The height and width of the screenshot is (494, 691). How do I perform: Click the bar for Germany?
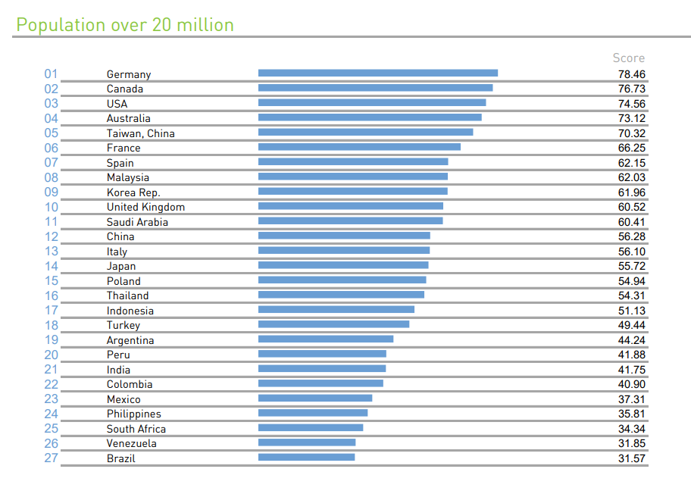[377, 73]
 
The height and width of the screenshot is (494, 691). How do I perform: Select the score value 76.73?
[631, 89]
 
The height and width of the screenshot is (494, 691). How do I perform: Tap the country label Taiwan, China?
[140, 133]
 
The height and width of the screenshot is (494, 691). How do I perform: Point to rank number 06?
[51, 148]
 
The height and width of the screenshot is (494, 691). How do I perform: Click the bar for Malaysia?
[352, 177]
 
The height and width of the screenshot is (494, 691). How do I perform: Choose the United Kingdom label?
[145, 207]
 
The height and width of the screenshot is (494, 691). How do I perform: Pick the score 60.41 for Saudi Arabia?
[631, 222]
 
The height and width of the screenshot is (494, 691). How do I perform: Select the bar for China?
[344, 236]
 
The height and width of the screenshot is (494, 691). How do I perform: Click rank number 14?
[51, 266]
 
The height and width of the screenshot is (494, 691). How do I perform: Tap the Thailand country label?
[127, 295]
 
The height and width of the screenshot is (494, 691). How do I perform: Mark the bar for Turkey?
[333, 324]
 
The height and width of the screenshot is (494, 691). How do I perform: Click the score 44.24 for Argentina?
[631, 340]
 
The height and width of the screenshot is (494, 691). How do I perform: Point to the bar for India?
[322, 369]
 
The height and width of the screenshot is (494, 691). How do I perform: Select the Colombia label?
[130, 384]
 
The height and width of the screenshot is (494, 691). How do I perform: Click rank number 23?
[51, 399]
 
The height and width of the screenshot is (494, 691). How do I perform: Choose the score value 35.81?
[631, 414]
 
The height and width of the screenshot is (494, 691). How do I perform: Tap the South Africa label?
[136, 429]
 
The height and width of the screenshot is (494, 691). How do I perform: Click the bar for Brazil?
[306, 458]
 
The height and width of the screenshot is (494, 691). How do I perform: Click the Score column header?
[628, 58]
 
